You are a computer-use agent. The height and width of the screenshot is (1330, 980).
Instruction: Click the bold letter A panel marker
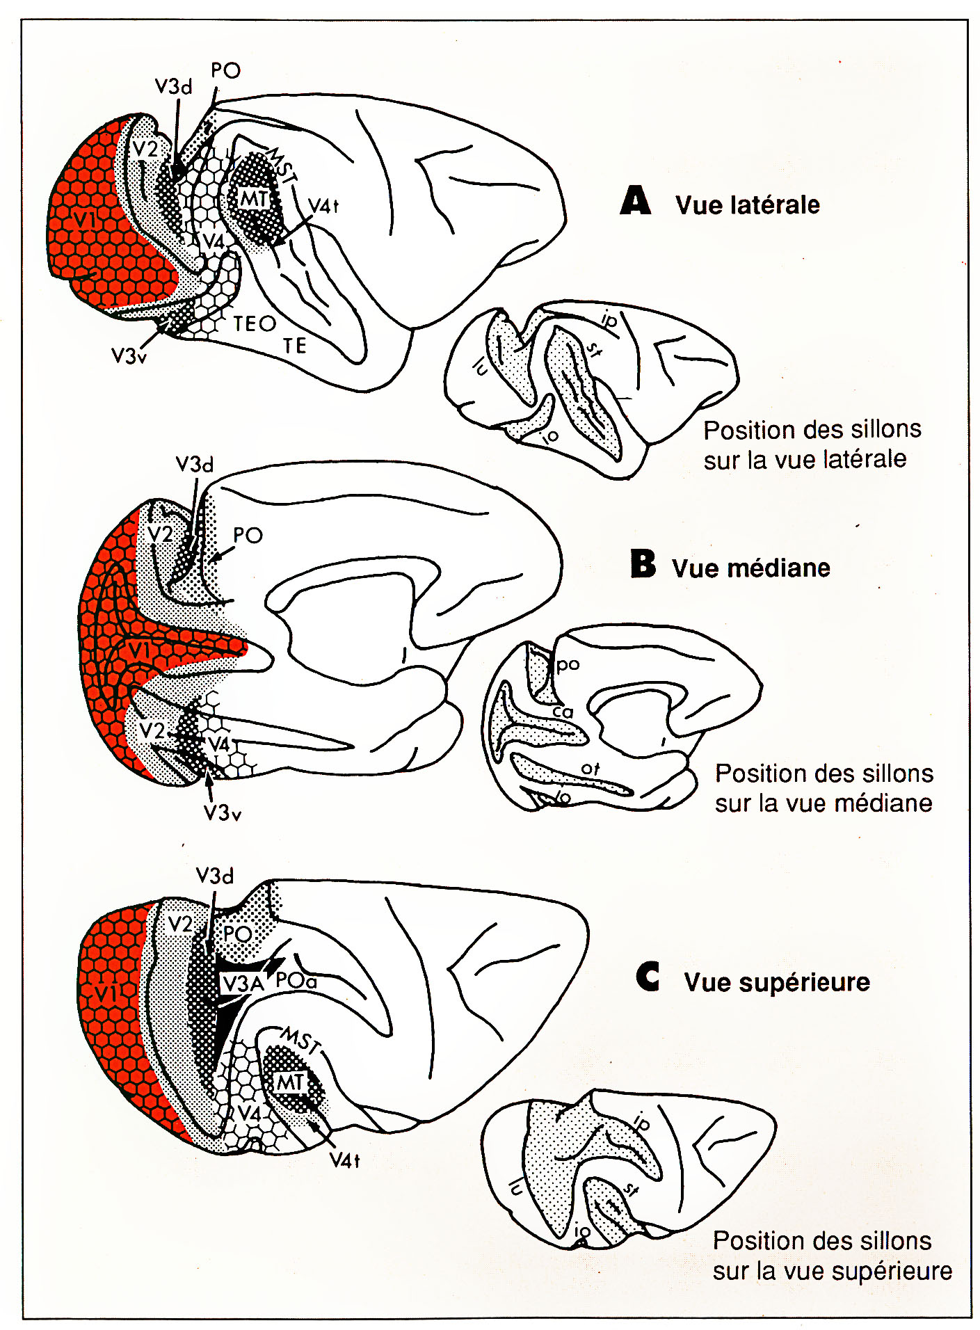click(636, 201)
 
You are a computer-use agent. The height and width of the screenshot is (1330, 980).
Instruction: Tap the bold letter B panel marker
click(643, 564)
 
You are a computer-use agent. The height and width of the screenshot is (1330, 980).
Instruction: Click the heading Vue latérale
click(747, 205)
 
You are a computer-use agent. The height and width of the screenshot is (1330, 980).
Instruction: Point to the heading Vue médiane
click(750, 568)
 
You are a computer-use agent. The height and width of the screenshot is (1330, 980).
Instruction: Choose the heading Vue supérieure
click(776, 982)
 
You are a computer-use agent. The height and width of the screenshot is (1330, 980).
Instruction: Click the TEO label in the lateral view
click(255, 323)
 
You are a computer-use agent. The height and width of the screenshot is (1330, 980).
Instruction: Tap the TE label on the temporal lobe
click(294, 346)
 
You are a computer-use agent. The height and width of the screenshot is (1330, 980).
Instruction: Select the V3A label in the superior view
click(243, 984)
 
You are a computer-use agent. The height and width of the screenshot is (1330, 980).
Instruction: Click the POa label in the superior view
click(296, 981)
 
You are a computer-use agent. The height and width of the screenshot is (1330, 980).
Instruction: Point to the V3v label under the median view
click(222, 812)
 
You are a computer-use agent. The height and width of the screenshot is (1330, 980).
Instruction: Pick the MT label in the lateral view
click(254, 200)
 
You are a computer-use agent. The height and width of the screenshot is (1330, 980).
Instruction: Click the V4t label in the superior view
click(344, 1160)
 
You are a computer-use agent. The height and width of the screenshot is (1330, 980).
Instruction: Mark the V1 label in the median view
click(139, 651)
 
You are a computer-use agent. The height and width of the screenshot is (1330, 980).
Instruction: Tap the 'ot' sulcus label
click(590, 769)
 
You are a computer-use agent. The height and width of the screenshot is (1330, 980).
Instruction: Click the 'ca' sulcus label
click(563, 712)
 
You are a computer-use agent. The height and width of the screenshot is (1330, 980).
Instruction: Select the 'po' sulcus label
click(568, 664)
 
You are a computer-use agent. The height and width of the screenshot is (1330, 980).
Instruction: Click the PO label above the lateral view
click(225, 71)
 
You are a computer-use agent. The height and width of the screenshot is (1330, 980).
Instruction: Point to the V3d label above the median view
click(194, 464)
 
